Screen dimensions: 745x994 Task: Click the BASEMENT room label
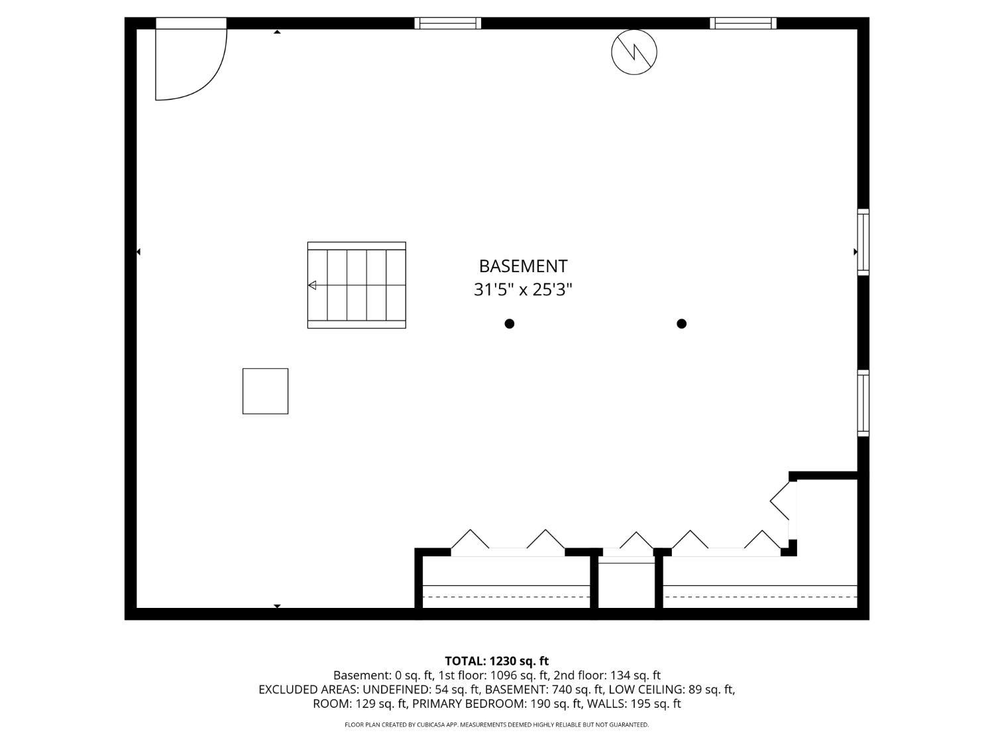pyautogui.click(x=523, y=266)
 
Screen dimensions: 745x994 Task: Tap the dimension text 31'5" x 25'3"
pyautogui.click(x=523, y=290)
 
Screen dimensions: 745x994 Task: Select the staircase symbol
pyautogui.click(x=357, y=285)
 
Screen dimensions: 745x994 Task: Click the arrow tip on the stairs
pyautogui.click(x=312, y=285)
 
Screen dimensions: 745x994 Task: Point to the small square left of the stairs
pyautogui.click(x=265, y=391)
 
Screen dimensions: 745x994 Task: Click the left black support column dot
pyautogui.click(x=510, y=324)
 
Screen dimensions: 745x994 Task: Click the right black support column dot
pyautogui.click(x=681, y=324)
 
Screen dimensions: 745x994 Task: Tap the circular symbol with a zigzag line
pyautogui.click(x=634, y=52)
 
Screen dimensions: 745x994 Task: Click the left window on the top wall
pyautogui.click(x=448, y=23)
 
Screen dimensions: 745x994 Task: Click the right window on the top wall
pyautogui.click(x=743, y=23)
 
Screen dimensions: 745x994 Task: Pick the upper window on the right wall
pyautogui.click(x=863, y=242)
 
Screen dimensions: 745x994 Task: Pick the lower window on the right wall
pyautogui.click(x=863, y=403)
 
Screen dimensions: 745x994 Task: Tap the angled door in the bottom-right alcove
pyautogui.click(x=782, y=501)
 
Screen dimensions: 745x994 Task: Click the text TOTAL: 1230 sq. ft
pyautogui.click(x=496, y=661)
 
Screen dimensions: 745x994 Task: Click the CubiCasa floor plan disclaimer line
pyautogui.click(x=496, y=725)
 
